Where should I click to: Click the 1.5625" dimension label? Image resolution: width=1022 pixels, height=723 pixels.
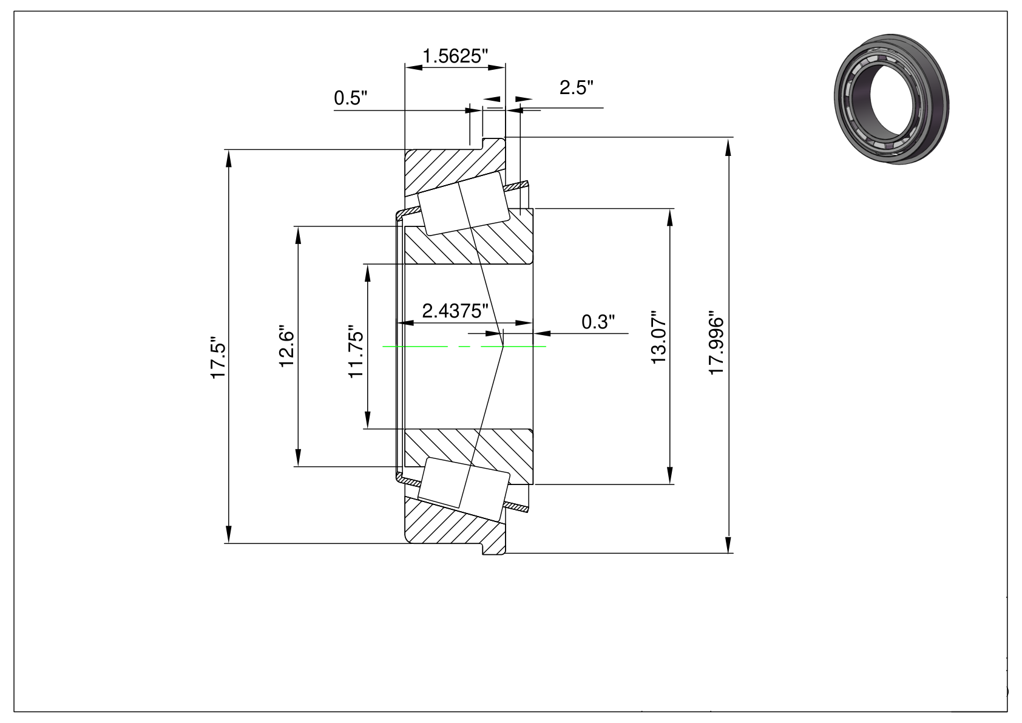pyautogui.click(x=455, y=56)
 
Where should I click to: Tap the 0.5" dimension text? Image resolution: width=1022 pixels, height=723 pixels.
pyautogui.click(x=350, y=98)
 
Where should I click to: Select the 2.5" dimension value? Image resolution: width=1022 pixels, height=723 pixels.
pyautogui.click(x=577, y=87)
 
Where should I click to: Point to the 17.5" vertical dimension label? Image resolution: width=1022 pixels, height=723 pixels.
pyautogui.click(x=218, y=358)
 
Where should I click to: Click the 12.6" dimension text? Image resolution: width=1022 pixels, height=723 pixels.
pyautogui.click(x=287, y=347)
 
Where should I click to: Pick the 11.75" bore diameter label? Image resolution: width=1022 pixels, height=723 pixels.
pyautogui.click(x=356, y=351)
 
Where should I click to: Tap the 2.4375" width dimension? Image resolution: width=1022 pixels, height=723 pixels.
pyautogui.click(x=455, y=311)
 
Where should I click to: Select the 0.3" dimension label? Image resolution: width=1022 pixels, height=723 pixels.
pyautogui.click(x=598, y=322)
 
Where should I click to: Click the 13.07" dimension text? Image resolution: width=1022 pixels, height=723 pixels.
pyautogui.click(x=658, y=338)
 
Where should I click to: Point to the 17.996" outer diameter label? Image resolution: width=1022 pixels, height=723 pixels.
pyautogui.click(x=716, y=343)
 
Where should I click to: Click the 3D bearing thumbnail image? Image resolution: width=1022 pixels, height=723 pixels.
pyautogui.click(x=891, y=98)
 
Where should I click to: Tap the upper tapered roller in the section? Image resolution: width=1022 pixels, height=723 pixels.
pyautogui.click(x=464, y=203)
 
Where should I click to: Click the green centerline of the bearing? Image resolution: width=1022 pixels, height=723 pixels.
pyautogui.click(x=464, y=347)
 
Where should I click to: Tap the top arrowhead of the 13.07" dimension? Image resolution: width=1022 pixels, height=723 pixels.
pyautogui.click(x=670, y=217)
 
